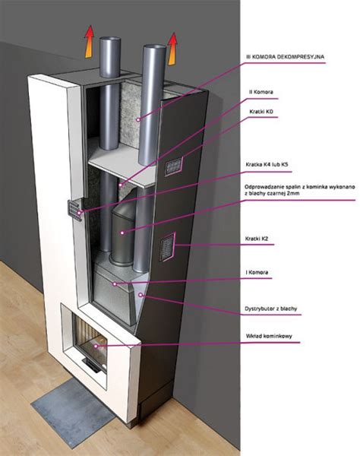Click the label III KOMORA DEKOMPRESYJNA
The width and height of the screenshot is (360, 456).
point(286,57)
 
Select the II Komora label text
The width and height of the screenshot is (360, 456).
point(261,92)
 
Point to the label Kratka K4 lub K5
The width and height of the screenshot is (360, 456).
point(267,165)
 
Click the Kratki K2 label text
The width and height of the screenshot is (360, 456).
point(257,239)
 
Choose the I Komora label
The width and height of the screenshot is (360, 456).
point(257,273)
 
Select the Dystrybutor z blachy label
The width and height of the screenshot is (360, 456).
point(271,309)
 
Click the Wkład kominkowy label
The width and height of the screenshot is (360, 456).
point(269,336)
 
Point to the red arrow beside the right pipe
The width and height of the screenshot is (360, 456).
point(172,49)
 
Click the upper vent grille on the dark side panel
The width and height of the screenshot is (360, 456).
point(174,166)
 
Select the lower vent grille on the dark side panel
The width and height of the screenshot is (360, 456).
point(168,246)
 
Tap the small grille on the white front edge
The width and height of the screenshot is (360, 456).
point(74,211)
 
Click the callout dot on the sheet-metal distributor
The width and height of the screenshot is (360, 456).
point(141,295)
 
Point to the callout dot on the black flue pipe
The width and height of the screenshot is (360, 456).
point(122,233)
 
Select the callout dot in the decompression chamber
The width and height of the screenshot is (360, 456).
point(138,119)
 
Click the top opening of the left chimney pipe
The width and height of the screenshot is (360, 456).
point(110,39)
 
